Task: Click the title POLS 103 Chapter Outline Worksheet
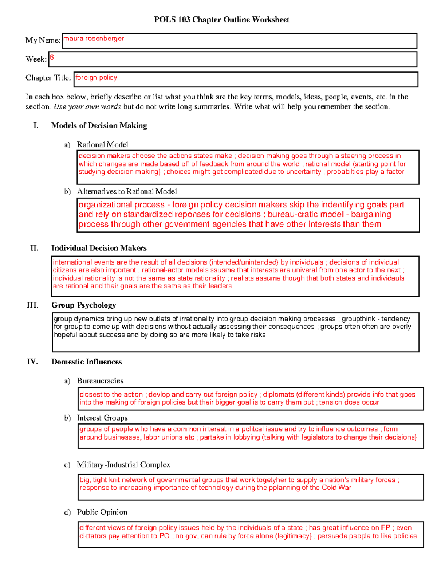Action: click(x=221, y=20)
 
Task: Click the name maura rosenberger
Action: click(x=94, y=39)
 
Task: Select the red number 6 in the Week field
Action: click(x=52, y=57)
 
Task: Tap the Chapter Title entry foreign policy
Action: click(x=96, y=78)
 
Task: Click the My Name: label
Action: click(x=43, y=40)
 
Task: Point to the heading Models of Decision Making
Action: click(x=99, y=126)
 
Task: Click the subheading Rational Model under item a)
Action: click(x=102, y=145)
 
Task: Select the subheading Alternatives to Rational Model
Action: click(x=127, y=191)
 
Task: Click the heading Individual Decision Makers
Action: click(x=99, y=248)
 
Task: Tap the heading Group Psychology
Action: click(x=83, y=305)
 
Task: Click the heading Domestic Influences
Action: click(x=86, y=362)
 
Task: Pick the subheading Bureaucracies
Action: click(x=100, y=381)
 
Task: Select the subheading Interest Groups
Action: click(x=102, y=418)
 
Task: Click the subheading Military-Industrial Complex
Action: click(x=123, y=465)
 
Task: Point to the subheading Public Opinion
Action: click(x=102, y=512)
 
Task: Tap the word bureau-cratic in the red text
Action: click(x=288, y=215)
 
